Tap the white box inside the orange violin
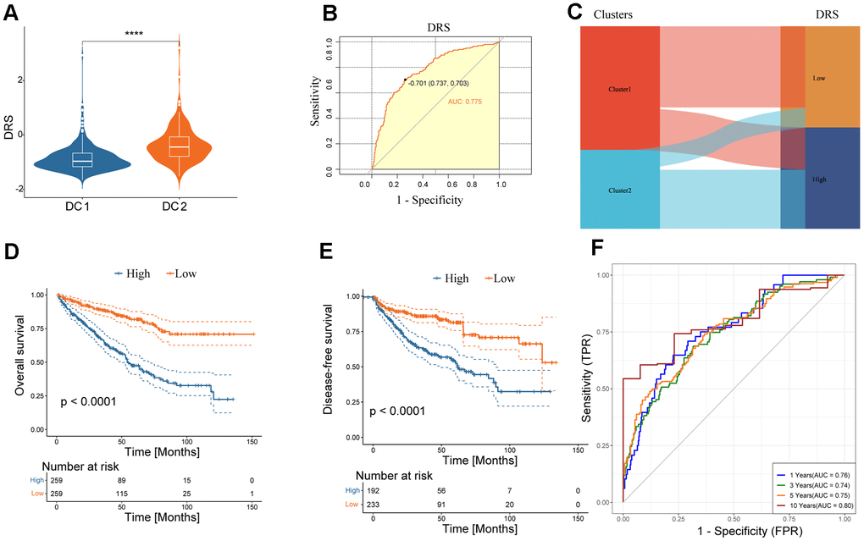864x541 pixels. [x=179, y=146]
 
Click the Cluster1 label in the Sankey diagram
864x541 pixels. [x=620, y=88]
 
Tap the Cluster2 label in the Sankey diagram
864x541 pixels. [x=620, y=190]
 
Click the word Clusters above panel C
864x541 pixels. [x=614, y=15]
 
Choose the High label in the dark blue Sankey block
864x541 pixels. [x=819, y=179]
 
